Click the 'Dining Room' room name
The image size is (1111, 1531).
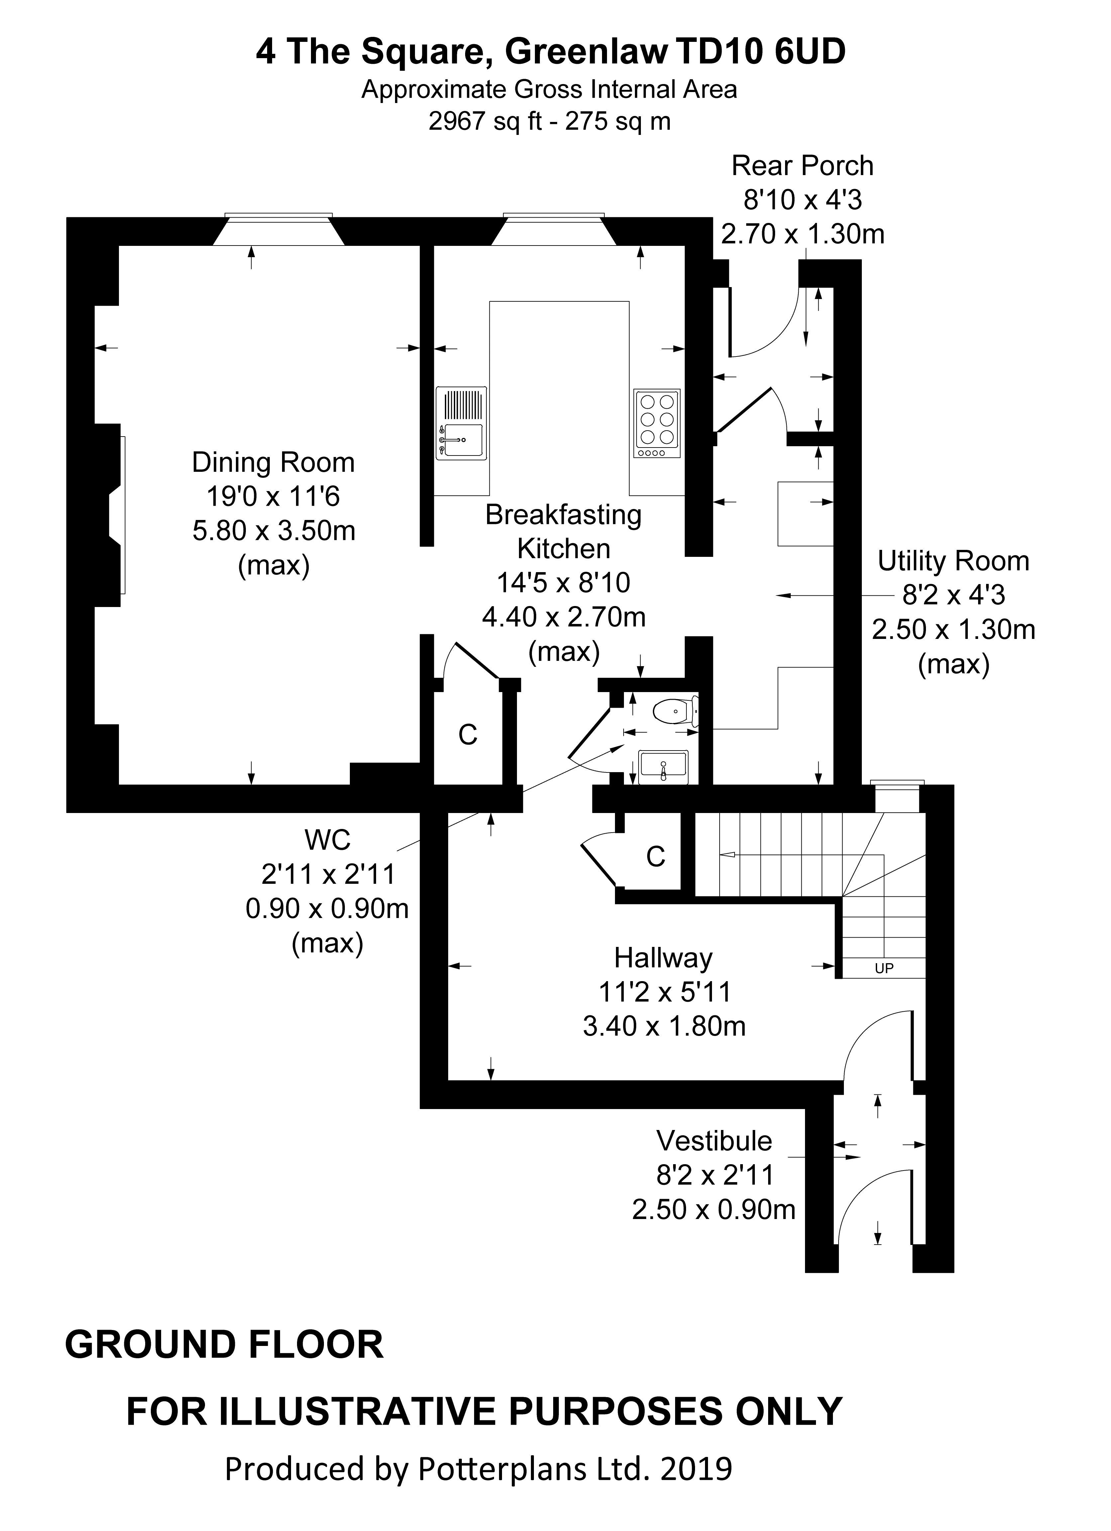coord(273,462)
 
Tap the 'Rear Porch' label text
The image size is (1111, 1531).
coord(803,165)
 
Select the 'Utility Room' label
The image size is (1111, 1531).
coord(953,561)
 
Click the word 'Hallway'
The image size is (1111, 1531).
coord(663,958)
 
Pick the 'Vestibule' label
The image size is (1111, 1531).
coord(714,1141)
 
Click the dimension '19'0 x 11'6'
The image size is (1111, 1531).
coord(273,497)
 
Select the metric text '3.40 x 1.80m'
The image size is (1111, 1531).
coord(664,1026)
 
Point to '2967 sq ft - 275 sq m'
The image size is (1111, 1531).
coord(550,122)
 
